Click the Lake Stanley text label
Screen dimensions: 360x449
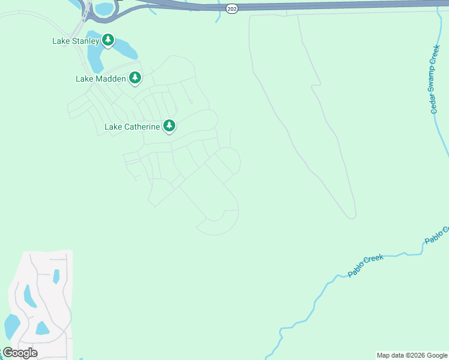pos(75,41)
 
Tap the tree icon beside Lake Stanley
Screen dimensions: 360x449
pos(108,40)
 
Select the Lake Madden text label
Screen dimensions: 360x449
pos(101,79)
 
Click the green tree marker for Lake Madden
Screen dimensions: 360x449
pos(136,77)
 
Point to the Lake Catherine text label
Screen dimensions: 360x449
pos(132,127)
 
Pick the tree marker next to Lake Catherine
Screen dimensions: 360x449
pos(170,125)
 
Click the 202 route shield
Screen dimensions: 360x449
pos(232,9)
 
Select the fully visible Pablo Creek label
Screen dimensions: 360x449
pos(366,266)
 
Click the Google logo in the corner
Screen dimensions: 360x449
pos(20,353)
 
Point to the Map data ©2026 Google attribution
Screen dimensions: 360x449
pos(412,355)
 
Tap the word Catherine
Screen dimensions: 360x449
pos(143,127)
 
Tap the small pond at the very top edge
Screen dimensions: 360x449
pos(104,8)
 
